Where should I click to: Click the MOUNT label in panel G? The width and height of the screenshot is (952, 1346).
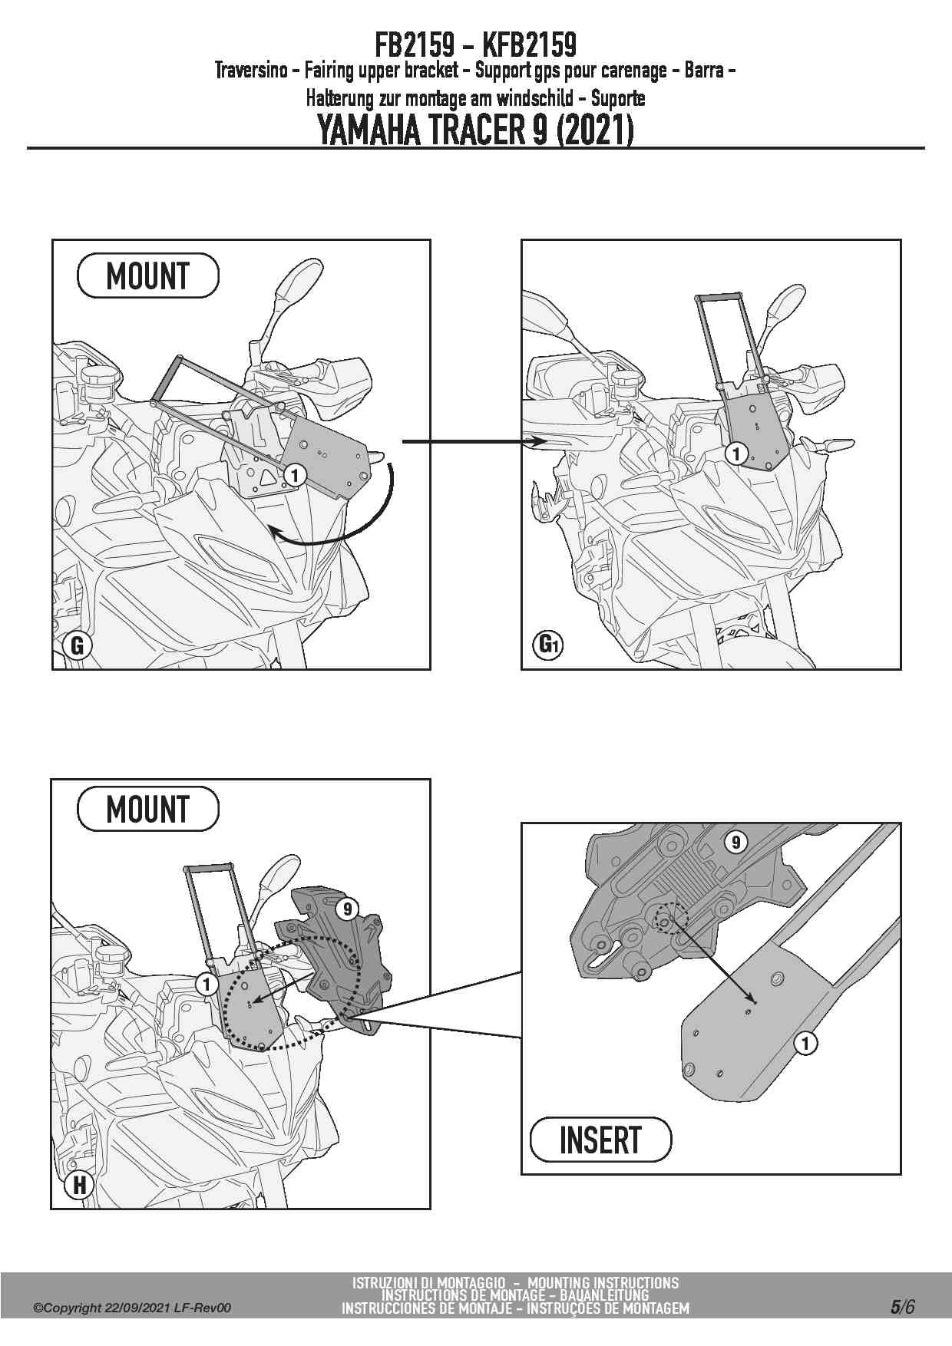click(x=147, y=275)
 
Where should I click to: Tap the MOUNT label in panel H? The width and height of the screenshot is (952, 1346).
click(x=147, y=809)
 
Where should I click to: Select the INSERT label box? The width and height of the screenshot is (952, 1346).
click(x=600, y=1139)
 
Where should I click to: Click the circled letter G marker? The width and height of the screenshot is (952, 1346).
click(x=77, y=645)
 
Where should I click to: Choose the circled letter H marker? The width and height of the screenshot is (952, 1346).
click(x=78, y=1185)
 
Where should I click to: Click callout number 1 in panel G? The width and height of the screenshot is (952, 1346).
click(x=294, y=475)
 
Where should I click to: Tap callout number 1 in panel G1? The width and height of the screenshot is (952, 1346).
click(x=736, y=454)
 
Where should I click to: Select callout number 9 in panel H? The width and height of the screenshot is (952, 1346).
click(x=348, y=909)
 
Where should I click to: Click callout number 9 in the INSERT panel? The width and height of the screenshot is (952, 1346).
click(x=735, y=843)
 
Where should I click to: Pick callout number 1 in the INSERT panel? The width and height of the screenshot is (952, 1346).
click(x=805, y=1043)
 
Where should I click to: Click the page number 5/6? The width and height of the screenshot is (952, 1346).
click(x=902, y=1306)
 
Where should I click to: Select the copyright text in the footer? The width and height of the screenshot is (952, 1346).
click(x=131, y=1308)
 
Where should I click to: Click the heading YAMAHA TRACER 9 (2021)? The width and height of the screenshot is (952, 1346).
click(x=475, y=130)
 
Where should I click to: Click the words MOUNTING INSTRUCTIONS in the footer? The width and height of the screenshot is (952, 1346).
click(x=603, y=1282)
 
